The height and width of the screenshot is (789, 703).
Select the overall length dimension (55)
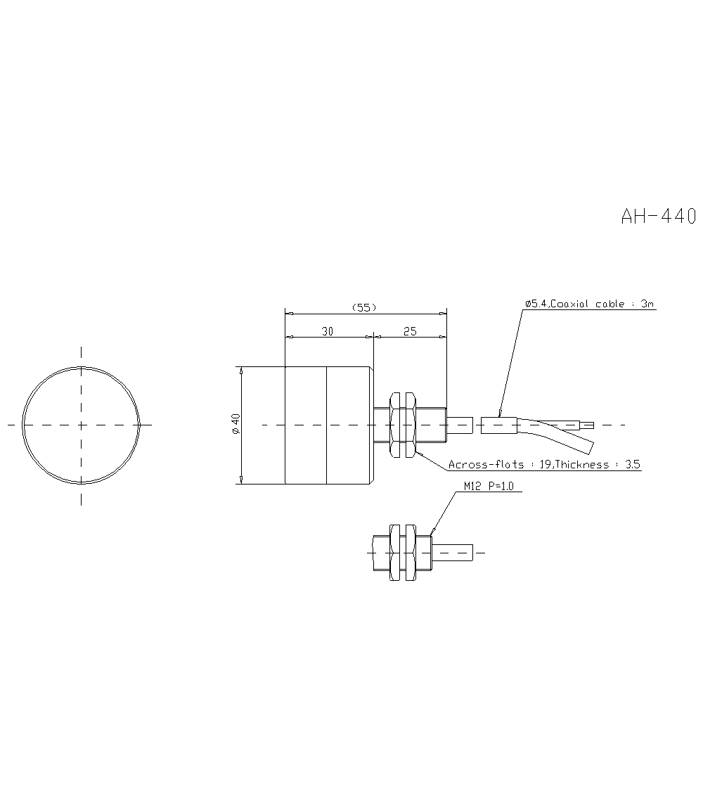(364, 307)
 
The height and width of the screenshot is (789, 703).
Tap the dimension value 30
(328, 331)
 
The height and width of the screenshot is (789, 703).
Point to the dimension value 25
(410, 331)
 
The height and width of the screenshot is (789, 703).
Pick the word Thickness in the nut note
(581, 465)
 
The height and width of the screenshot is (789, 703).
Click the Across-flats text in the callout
(486, 465)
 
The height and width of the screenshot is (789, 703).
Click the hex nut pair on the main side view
(401, 425)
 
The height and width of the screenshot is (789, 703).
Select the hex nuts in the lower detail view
(401, 552)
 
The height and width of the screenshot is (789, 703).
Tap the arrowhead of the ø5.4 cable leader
(498, 414)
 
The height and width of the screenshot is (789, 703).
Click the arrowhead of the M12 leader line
(431, 531)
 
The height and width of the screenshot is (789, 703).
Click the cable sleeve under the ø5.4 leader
(498, 425)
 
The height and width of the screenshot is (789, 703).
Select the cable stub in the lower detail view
(453, 552)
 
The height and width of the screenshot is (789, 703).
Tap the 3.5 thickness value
(633, 465)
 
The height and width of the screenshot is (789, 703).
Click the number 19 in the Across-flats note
(545, 465)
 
